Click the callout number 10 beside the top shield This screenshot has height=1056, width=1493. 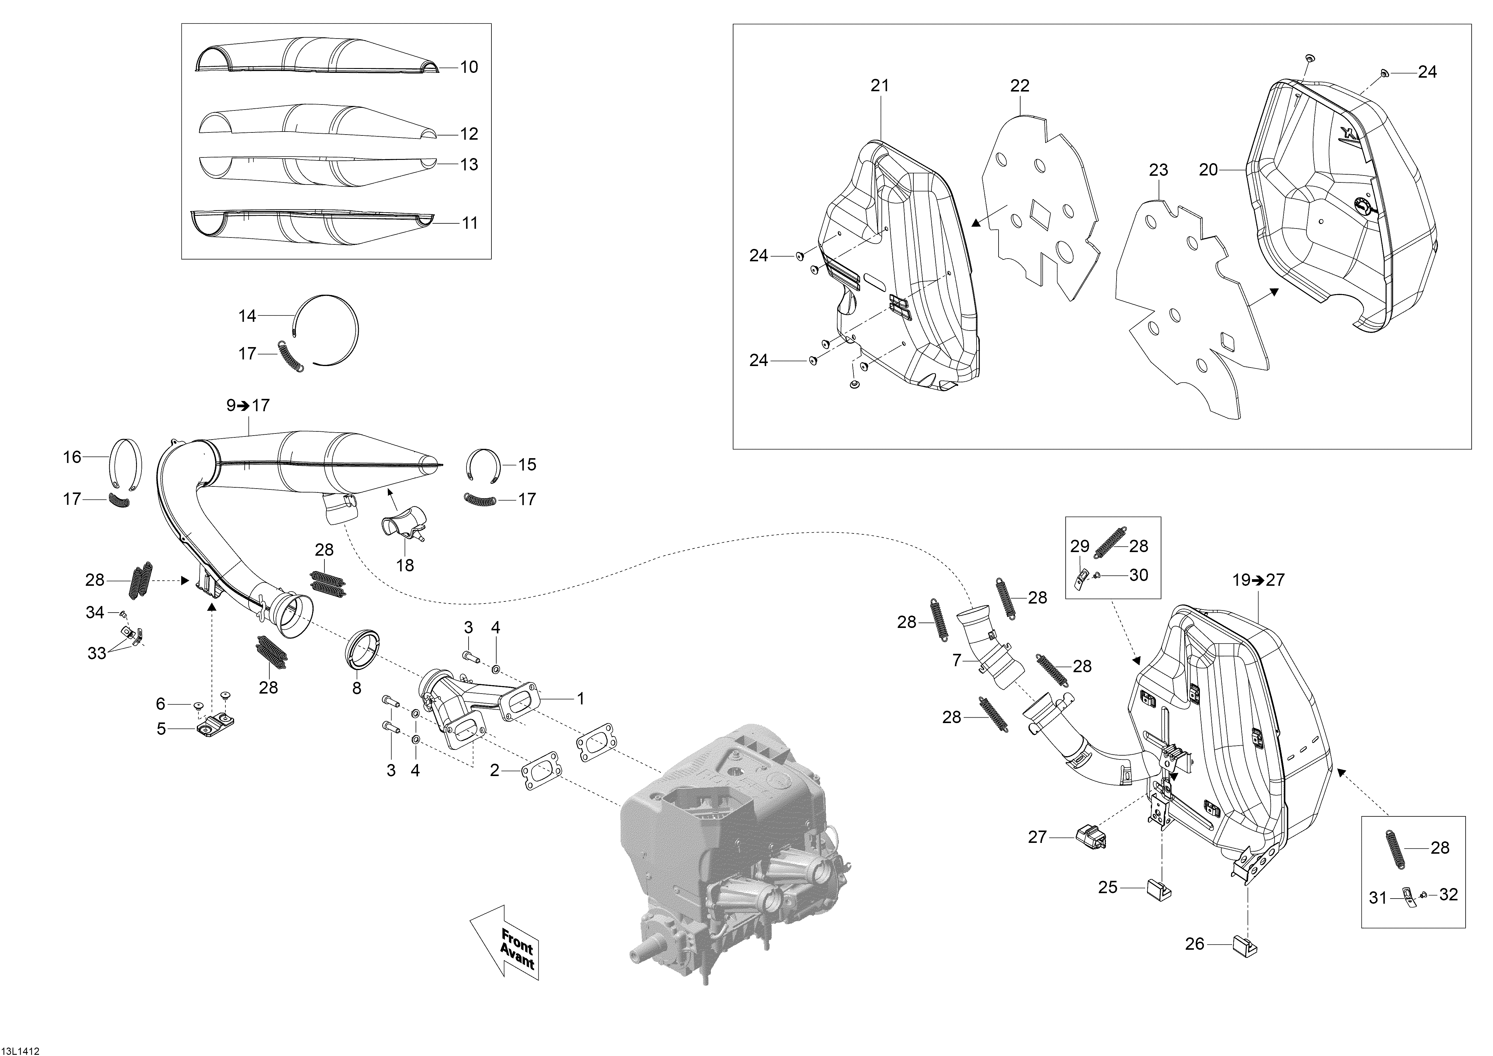click(x=469, y=67)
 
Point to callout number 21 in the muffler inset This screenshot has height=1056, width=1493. click(x=880, y=85)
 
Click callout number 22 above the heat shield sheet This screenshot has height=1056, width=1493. click(x=1020, y=85)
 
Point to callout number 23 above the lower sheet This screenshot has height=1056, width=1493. click(x=1158, y=170)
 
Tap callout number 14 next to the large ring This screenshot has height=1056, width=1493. click(x=247, y=316)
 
